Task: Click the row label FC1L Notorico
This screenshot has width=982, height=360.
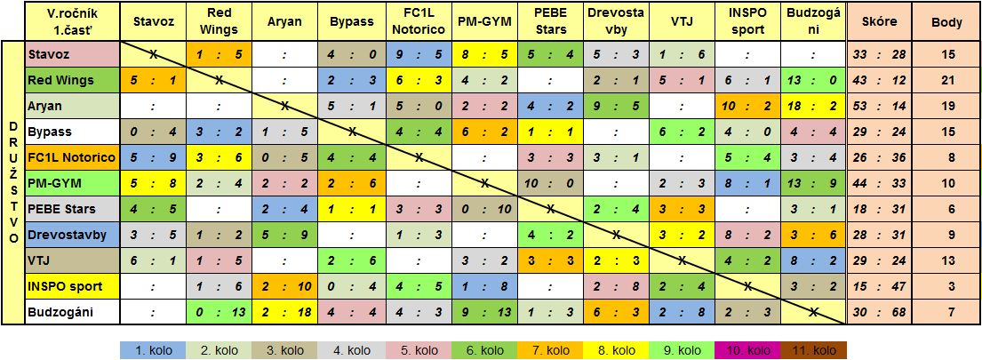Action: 71,157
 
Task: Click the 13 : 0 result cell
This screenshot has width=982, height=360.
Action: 812,80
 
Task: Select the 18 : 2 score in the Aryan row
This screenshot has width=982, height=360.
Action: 812,106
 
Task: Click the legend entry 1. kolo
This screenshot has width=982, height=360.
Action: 152,350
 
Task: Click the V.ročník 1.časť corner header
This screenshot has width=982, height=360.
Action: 71,20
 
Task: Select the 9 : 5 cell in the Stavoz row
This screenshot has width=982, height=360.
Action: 417,54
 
